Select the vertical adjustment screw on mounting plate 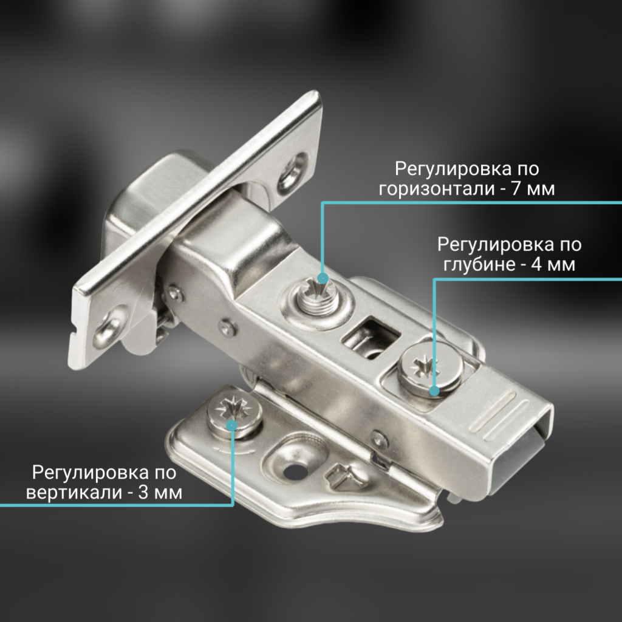pyautogui.click(x=234, y=414)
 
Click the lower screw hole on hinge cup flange pyautogui.click(x=109, y=330)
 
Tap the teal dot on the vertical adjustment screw pyautogui.click(x=231, y=425)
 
